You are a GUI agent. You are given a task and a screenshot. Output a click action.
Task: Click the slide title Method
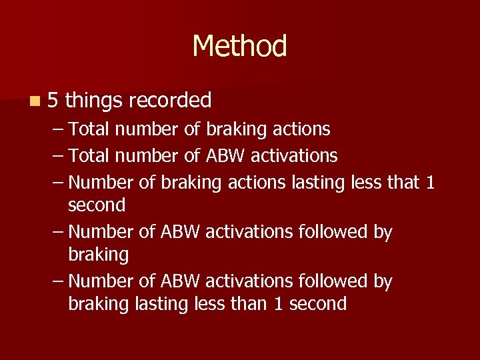coord(239,47)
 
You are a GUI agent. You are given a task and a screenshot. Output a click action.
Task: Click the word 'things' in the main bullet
coord(94,101)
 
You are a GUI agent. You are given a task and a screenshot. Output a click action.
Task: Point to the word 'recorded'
coord(170,101)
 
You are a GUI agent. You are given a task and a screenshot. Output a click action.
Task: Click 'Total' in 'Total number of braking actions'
coord(90,128)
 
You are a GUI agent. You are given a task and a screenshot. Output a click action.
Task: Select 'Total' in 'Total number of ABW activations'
coord(90,156)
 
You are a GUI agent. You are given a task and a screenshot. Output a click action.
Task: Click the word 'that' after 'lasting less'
coord(400,182)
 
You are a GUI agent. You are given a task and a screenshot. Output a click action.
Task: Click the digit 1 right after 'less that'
coord(429,182)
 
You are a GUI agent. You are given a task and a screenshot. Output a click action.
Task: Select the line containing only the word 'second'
coord(97,205)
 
